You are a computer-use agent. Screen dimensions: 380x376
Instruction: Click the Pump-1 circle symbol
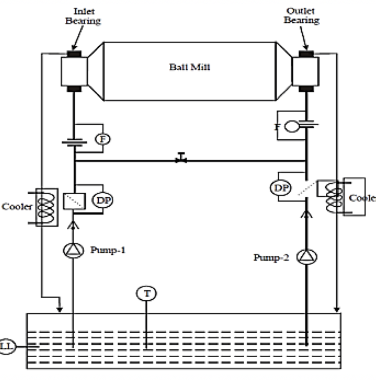[74, 252]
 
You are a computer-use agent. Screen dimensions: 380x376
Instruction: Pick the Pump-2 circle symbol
[306, 256]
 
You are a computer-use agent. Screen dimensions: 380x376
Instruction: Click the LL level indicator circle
[7, 346]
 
